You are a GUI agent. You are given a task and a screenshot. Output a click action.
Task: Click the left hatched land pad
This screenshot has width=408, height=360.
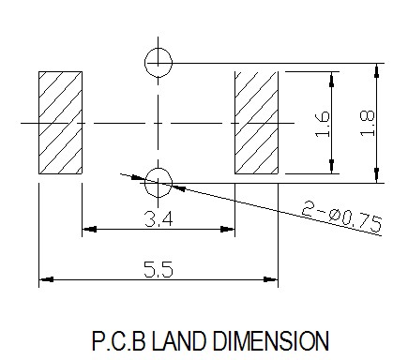pyautogui.click(x=60, y=123)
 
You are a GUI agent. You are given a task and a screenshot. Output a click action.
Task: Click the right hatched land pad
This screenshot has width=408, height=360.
pyautogui.click(x=256, y=123)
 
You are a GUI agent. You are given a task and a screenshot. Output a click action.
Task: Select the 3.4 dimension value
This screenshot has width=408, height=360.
pyautogui.click(x=159, y=218)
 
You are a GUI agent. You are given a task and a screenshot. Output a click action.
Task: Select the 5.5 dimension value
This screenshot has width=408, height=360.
pyautogui.click(x=159, y=269)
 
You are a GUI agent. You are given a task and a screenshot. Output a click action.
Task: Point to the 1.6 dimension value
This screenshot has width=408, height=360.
pyautogui.click(x=323, y=124)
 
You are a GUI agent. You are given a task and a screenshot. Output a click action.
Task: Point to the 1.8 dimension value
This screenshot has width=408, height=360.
pyautogui.click(x=367, y=123)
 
